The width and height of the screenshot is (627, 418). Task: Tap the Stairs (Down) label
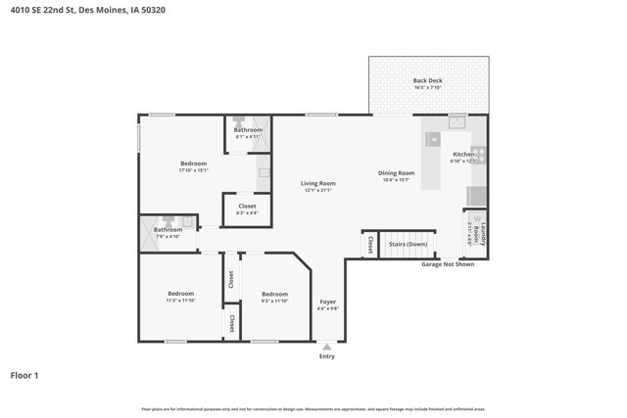click(408, 244)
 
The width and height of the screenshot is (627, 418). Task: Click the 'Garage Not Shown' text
click(448, 264)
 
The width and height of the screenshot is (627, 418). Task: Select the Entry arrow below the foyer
click(327, 346)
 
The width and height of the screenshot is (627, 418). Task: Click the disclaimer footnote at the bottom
click(313, 408)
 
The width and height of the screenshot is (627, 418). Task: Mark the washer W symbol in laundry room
click(477, 220)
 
